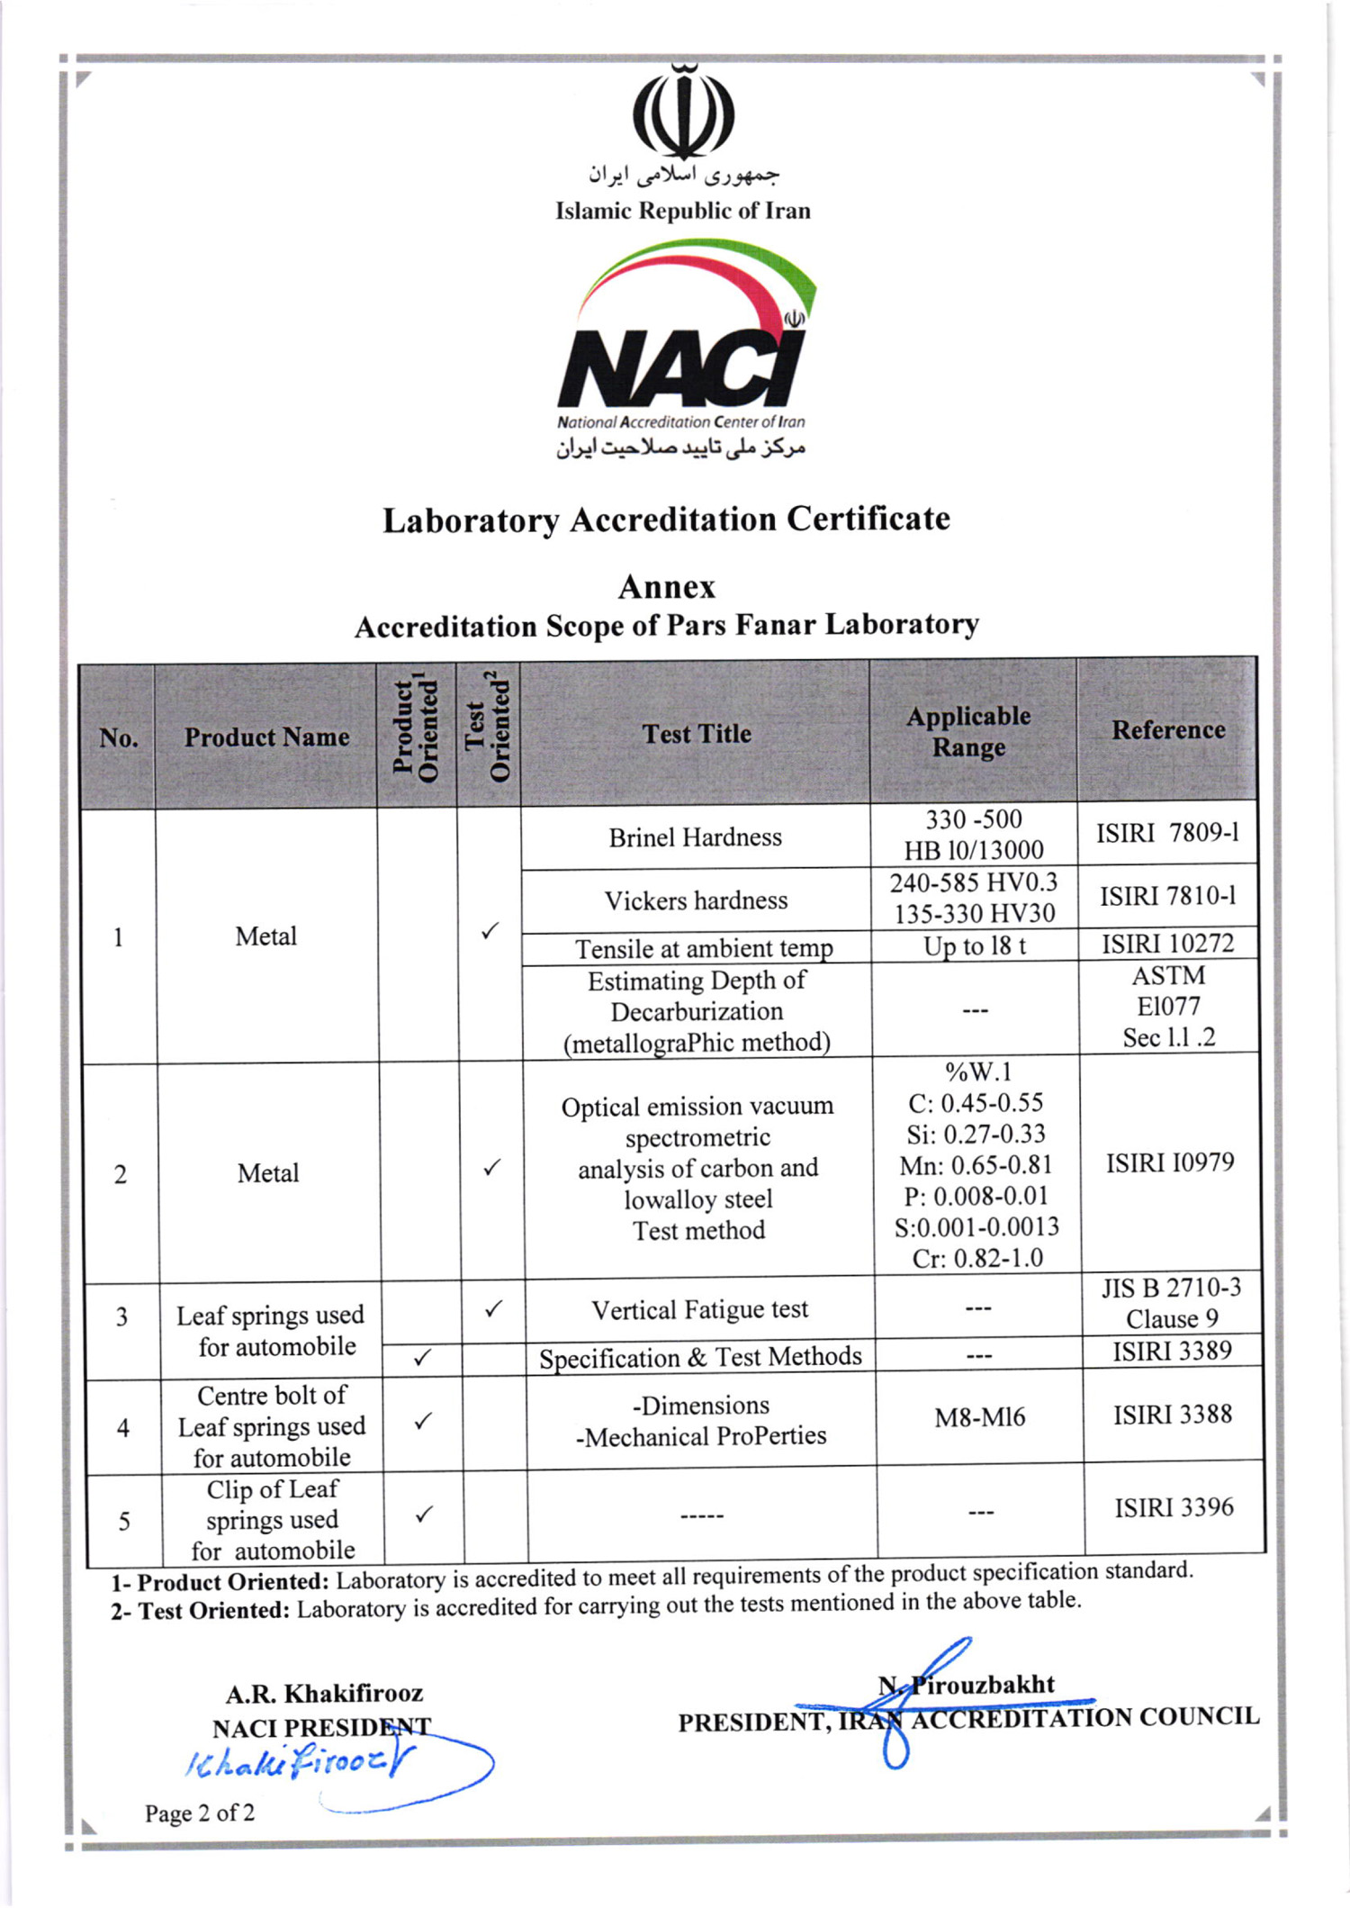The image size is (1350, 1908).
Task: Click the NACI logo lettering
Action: click(681, 369)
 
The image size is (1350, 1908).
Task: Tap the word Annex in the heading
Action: click(666, 587)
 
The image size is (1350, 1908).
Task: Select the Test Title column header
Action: click(696, 734)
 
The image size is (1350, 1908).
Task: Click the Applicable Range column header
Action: click(968, 731)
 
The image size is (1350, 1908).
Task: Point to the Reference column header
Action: click(1167, 729)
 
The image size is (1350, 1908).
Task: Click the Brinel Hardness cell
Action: click(695, 837)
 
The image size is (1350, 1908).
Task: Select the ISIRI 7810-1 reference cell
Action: click(1167, 896)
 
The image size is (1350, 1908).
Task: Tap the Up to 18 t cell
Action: click(974, 946)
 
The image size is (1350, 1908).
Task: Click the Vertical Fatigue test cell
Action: click(699, 1309)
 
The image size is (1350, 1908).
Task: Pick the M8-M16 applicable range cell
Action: click(979, 1417)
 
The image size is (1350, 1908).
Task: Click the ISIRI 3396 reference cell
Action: click(1174, 1507)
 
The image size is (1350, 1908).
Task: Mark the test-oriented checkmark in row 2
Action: click(491, 1168)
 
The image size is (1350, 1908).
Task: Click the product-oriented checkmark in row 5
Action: click(424, 1514)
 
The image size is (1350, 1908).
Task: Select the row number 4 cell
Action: click(123, 1428)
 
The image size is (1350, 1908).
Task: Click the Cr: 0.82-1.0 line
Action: click(977, 1258)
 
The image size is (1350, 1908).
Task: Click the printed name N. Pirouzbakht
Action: click(967, 1685)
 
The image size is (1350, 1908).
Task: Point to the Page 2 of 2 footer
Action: click(200, 1812)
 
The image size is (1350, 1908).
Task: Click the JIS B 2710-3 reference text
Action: click(1171, 1288)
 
